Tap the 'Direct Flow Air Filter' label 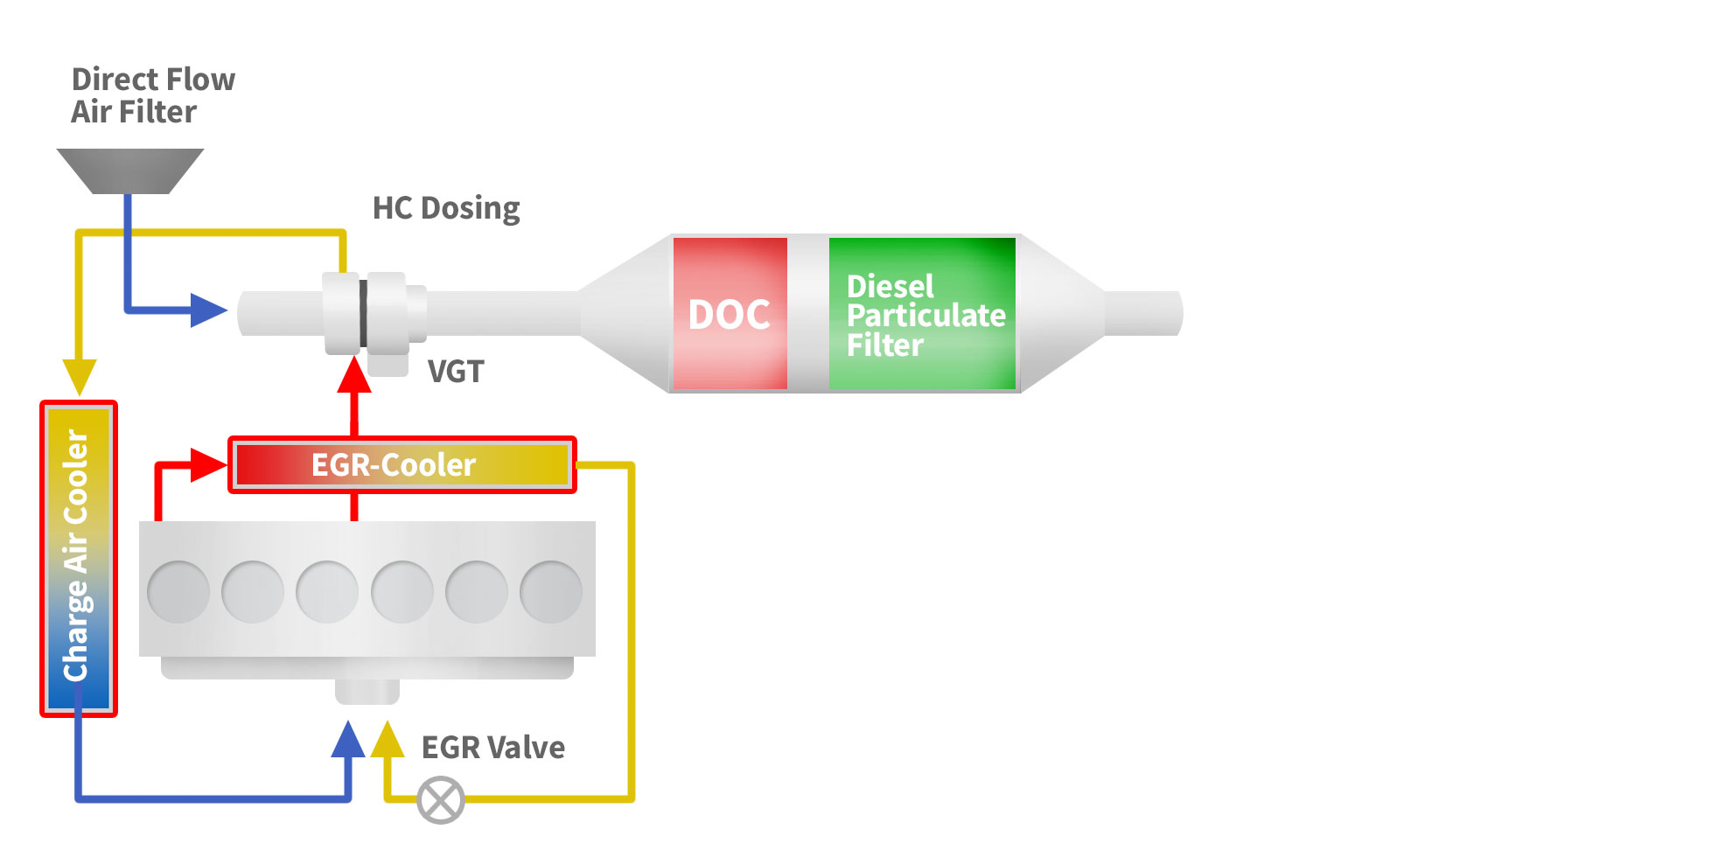click(152, 95)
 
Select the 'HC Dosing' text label click(446, 208)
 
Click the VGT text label click(456, 372)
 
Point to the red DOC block click(730, 313)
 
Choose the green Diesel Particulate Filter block click(922, 313)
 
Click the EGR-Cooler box click(402, 465)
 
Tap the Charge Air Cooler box click(78, 558)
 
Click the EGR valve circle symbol click(441, 799)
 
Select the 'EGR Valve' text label click(493, 748)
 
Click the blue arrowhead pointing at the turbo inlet click(208, 310)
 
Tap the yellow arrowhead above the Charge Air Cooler click(79, 376)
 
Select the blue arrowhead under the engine click(348, 740)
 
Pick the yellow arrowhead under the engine click(388, 740)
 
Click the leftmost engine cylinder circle click(178, 592)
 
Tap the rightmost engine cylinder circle click(551, 592)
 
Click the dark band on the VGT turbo click(363, 313)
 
